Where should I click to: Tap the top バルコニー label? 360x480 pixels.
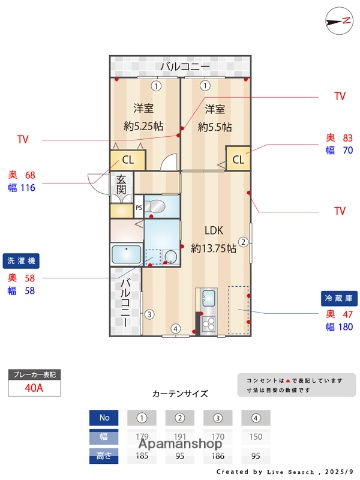tap(179, 67)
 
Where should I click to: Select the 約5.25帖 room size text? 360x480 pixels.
tap(143, 127)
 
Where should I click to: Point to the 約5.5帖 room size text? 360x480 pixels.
tap(214, 127)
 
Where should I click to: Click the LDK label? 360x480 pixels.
tap(212, 227)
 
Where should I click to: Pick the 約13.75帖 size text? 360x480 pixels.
tap(212, 247)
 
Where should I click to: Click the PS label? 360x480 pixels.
tap(138, 208)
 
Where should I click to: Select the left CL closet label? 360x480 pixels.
tap(127, 159)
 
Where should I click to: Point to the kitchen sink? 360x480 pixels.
tap(209, 300)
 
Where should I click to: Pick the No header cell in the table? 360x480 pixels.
tap(102, 416)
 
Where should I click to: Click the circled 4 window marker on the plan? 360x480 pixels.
tap(174, 329)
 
